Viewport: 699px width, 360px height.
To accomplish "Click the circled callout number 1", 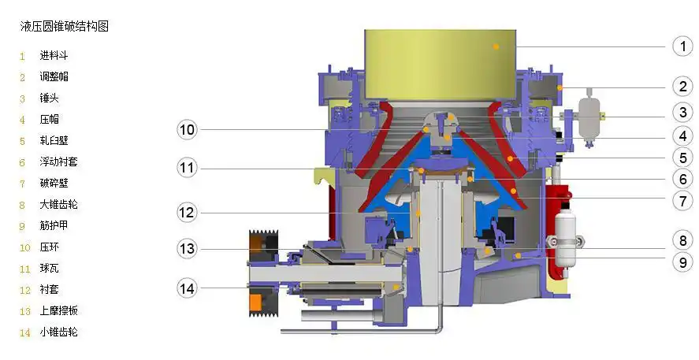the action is [x=682, y=46].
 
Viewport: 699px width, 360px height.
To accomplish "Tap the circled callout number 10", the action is [x=188, y=130].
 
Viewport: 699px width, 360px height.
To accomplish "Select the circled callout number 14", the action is [x=188, y=288].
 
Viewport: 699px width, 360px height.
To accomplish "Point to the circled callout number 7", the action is [x=682, y=200].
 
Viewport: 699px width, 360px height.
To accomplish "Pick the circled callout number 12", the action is [x=188, y=212].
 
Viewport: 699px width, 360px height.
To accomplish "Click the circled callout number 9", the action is [x=682, y=262].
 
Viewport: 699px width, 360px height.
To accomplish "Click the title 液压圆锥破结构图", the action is [x=64, y=26].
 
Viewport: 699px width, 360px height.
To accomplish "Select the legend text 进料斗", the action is [x=54, y=56].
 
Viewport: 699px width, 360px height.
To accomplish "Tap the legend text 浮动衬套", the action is [x=58, y=161].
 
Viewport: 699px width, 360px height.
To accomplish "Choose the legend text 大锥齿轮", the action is [x=58, y=205].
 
